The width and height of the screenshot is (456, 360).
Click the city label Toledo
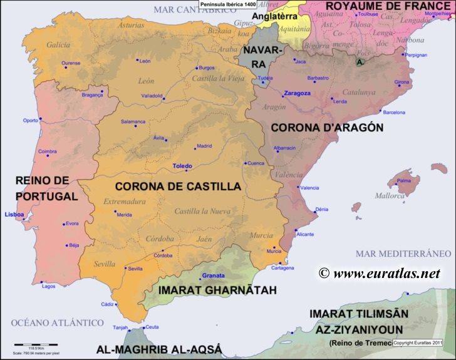[182, 167]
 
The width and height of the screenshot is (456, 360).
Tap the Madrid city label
[204, 146]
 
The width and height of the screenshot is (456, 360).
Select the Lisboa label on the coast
[14, 214]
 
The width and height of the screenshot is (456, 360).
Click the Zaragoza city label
[297, 93]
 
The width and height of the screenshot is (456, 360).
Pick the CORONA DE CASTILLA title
[178, 186]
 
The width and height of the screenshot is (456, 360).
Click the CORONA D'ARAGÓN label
[326, 126]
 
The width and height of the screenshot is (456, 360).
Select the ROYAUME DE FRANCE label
[386, 6]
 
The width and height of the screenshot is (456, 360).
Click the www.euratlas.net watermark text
[380, 273]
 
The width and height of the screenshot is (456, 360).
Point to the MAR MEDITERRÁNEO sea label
[403, 254]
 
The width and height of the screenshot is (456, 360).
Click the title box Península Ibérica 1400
[224, 4]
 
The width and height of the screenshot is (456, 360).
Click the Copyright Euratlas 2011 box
[418, 343]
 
